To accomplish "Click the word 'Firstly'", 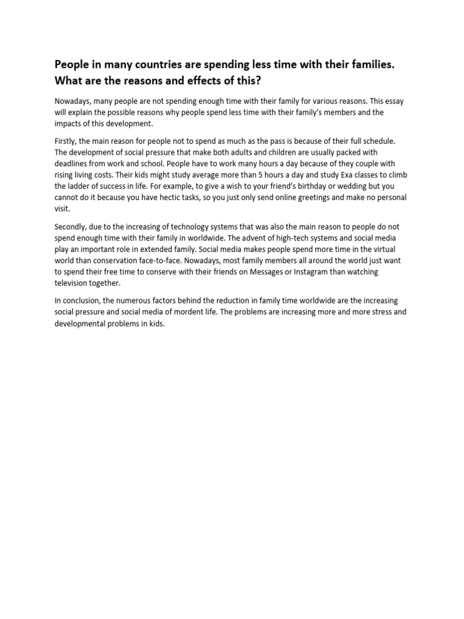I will point(67,141).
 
